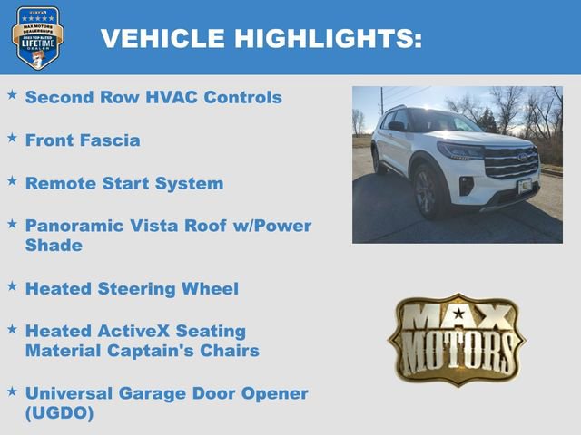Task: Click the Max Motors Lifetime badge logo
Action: coord(37,37)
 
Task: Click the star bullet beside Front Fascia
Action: coord(12,138)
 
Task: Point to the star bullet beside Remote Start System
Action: coord(12,180)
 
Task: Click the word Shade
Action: coord(54,245)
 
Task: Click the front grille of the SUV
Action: coord(510,164)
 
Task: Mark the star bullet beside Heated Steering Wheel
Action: coord(12,285)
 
